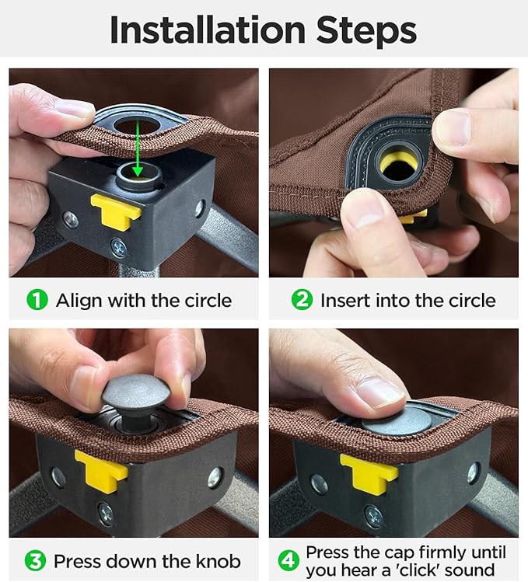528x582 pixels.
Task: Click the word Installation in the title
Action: click(208, 30)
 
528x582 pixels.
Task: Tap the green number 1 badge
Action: click(37, 300)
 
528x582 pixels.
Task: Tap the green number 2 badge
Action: click(302, 300)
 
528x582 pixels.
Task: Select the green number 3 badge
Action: click(35, 561)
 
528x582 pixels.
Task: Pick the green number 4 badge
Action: click(288, 561)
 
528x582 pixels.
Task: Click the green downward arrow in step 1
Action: click(138, 148)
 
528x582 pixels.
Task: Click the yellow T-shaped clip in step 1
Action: click(116, 210)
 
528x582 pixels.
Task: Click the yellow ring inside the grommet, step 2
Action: click(400, 162)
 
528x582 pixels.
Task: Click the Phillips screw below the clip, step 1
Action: click(119, 248)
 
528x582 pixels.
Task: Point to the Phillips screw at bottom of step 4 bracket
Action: click(373, 516)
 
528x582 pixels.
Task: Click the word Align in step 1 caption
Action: click(79, 301)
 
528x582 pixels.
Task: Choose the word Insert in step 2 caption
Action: click(345, 300)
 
